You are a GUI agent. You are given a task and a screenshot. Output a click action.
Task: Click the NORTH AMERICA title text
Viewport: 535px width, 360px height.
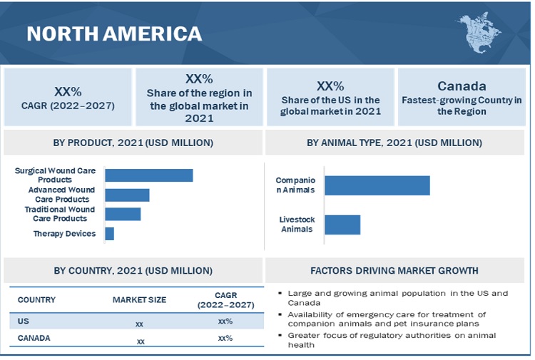(x=114, y=34)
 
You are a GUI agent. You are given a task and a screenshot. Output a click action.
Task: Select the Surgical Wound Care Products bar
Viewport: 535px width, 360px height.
(x=149, y=175)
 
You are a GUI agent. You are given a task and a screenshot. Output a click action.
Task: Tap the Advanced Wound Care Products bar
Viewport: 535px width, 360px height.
(x=127, y=195)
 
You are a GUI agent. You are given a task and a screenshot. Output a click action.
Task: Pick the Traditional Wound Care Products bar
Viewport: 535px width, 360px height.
(x=123, y=214)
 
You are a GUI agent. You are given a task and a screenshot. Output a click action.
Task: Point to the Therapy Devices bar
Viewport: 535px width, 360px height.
(x=109, y=234)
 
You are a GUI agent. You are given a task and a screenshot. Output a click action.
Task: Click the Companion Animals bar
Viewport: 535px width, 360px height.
(x=377, y=185)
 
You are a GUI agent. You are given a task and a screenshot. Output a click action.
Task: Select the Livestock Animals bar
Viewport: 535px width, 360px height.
(x=342, y=225)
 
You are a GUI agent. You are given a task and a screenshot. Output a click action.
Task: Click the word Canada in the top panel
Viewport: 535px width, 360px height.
(x=462, y=86)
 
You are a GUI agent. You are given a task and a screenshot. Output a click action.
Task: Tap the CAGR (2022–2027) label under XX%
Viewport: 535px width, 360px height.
(x=68, y=106)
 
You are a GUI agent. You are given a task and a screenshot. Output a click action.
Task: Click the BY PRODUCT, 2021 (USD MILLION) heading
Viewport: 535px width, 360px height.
(x=133, y=143)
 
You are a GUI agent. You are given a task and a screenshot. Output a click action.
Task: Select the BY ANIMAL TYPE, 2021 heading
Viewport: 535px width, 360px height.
(x=394, y=143)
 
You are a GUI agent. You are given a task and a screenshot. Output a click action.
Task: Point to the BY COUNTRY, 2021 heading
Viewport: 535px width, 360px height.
(x=133, y=271)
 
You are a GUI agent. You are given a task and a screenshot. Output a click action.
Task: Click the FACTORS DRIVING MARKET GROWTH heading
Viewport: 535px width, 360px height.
(x=394, y=271)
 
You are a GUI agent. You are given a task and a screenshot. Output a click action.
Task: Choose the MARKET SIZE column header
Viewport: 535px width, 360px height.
(x=139, y=300)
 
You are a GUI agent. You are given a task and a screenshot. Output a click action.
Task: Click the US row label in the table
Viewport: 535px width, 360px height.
(x=24, y=322)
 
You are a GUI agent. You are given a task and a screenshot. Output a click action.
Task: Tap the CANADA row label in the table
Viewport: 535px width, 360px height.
(x=34, y=338)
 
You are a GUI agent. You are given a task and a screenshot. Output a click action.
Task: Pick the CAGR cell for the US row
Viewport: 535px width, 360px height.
(x=225, y=322)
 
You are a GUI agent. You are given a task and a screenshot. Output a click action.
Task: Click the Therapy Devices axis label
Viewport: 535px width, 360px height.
(x=64, y=234)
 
